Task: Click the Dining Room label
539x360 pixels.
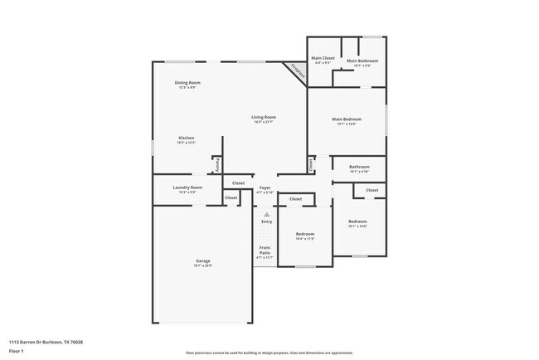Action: pos(187,82)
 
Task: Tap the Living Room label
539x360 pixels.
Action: pos(264,118)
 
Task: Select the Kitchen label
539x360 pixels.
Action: pos(186,138)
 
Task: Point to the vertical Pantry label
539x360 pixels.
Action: pos(217,164)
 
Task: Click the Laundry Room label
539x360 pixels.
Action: pos(187,187)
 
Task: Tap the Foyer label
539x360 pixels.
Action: pos(265,187)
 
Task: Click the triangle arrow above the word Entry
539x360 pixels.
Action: pos(266,214)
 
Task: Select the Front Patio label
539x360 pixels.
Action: pos(265,248)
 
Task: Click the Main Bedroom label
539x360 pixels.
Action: pos(346,119)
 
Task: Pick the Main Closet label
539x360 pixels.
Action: pos(321,58)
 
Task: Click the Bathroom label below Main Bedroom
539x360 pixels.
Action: pos(359,167)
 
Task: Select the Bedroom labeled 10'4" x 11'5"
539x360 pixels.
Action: pos(304,234)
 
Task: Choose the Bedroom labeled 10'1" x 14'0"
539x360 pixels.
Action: pos(357,221)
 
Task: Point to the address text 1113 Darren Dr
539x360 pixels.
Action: pos(46,341)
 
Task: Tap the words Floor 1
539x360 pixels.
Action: pos(17,351)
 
